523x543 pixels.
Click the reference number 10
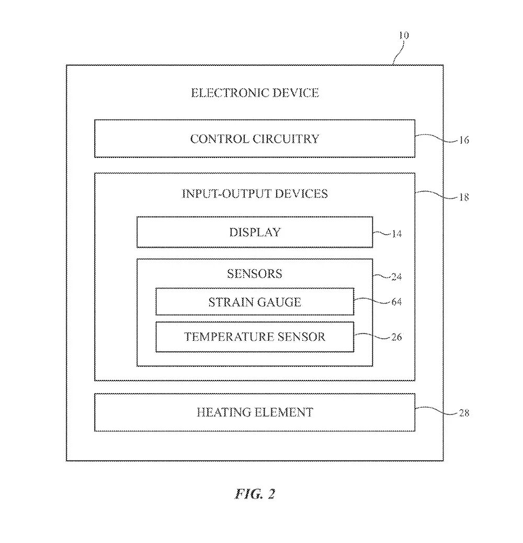pos(404,36)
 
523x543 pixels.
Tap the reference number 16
pos(464,140)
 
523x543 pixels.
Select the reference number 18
pos(464,198)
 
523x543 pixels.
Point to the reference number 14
pos(397,234)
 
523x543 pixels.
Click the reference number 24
pos(397,277)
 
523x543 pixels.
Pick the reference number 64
pos(397,302)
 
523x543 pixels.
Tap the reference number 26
pos(397,337)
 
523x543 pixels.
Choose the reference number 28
pos(464,413)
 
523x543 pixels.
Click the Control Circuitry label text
pos(255,139)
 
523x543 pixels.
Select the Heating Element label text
pos(255,412)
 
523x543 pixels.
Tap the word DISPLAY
pos(255,233)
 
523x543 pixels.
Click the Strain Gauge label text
pos(255,302)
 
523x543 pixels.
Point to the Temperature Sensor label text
pos(255,337)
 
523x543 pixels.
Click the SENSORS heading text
pos(255,274)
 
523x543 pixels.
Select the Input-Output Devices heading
pos(255,193)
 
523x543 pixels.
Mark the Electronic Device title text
pos(255,93)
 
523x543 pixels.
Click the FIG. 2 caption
pos(255,494)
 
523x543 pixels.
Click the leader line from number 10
pos(399,52)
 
